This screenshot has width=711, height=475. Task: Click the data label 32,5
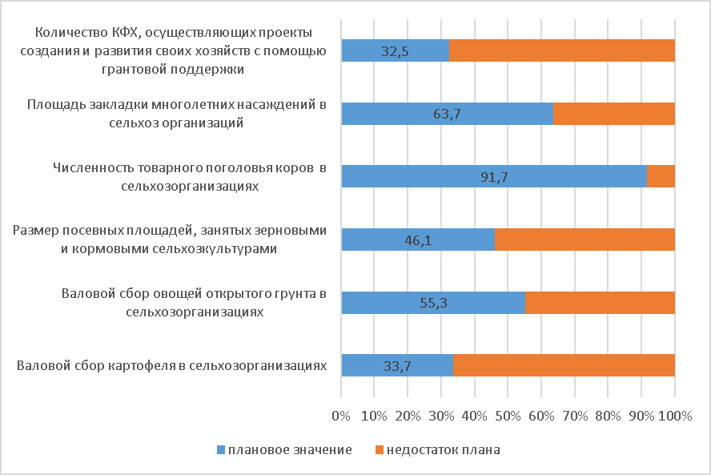(x=395, y=50)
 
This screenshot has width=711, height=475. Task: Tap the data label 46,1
(x=417, y=240)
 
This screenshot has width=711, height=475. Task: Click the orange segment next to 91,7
(x=661, y=176)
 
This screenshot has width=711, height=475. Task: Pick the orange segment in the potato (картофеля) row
(x=564, y=365)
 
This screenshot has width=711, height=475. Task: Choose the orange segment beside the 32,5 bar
(x=562, y=50)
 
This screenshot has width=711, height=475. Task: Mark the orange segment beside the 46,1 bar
(x=584, y=240)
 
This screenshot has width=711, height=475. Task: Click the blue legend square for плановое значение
(x=220, y=450)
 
